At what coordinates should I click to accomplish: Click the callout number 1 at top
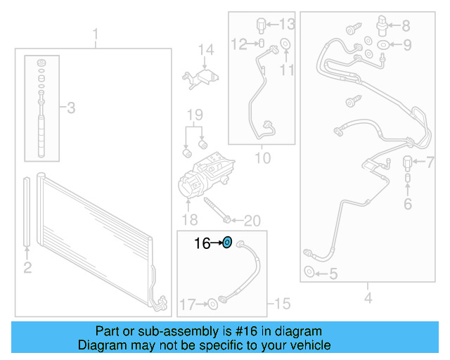click(96, 35)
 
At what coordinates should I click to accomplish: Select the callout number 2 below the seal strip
click(27, 267)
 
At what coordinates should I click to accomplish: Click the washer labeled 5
click(309, 273)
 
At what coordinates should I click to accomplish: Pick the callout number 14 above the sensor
click(205, 50)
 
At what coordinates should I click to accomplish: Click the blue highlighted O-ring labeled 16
click(227, 243)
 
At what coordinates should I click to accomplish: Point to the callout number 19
click(194, 115)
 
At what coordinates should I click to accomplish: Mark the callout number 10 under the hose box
click(262, 159)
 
